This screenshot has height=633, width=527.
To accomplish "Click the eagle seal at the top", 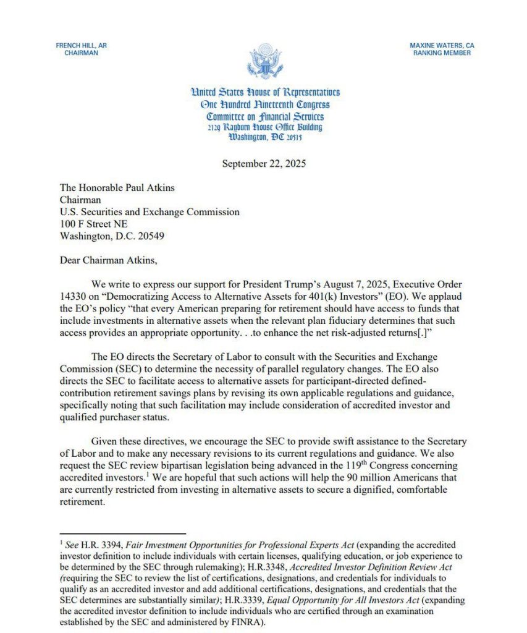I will click(x=265, y=62).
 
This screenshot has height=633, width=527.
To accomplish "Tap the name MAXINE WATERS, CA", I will click(x=442, y=46).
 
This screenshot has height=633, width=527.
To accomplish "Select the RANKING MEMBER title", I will click(x=442, y=54).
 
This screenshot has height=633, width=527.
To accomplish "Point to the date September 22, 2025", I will click(x=264, y=164).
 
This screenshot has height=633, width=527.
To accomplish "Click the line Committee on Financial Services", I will click(x=265, y=116).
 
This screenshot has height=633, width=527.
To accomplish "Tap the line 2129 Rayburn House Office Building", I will click(x=265, y=127).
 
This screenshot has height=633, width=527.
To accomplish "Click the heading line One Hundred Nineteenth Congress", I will click(x=265, y=104).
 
